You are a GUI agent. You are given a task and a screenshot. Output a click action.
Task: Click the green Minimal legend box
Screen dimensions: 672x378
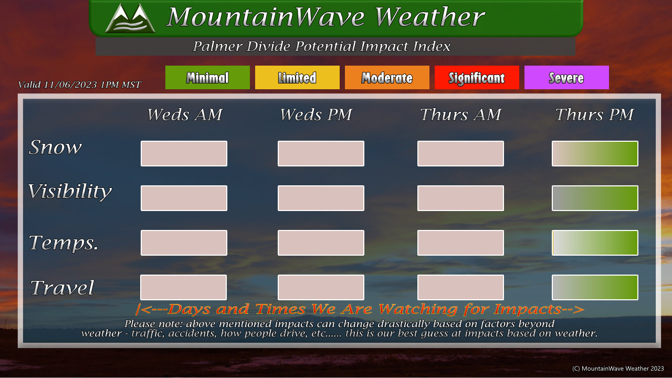(207, 77)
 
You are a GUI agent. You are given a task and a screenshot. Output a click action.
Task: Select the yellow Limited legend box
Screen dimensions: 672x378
(297, 77)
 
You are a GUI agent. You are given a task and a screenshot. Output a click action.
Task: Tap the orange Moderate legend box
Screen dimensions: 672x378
(387, 77)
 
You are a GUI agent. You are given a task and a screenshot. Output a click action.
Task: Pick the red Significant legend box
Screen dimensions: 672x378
(477, 77)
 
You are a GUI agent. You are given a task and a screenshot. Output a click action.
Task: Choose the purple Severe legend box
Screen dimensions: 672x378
(566, 77)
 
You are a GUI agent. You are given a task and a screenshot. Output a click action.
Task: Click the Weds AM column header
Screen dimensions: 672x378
(185, 114)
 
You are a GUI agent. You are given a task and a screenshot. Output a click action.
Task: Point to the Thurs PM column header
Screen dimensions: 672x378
(594, 114)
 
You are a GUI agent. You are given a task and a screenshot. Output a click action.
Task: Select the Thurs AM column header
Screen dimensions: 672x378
(460, 114)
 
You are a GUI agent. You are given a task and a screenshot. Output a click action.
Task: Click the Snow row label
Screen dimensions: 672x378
(55, 148)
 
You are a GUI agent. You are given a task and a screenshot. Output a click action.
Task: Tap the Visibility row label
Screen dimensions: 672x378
(70, 192)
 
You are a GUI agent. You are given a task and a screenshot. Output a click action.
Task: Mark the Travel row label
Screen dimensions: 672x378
(62, 287)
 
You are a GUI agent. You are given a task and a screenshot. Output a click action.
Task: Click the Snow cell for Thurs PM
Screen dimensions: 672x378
(595, 154)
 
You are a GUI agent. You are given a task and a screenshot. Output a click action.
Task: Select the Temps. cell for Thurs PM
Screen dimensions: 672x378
(595, 243)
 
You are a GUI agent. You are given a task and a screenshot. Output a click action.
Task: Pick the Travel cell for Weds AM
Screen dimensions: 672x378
(184, 287)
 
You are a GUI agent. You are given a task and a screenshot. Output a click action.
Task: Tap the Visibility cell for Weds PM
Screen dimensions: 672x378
(321, 198)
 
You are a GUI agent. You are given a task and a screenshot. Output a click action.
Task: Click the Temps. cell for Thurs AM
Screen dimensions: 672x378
(460, 243)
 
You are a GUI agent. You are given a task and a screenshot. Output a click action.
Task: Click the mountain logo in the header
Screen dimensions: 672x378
(130, 18)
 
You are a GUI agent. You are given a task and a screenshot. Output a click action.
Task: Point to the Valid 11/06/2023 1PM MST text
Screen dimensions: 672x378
(79, 85)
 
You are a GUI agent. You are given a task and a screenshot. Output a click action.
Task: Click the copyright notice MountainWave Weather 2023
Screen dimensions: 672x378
(618, 369)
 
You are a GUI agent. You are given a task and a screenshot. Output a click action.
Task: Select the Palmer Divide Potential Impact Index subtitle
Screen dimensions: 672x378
(321, 47)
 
